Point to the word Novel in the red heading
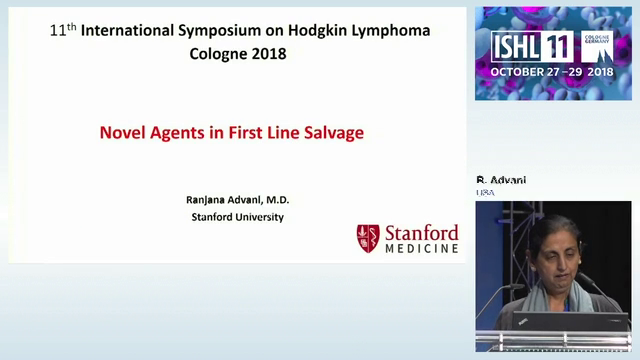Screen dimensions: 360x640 coord(119,132)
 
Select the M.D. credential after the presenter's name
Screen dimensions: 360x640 coord(272,199)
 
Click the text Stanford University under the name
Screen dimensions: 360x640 coord(237,216)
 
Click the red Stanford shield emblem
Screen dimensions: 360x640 coord(368,238)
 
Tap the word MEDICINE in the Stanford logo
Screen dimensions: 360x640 coord(422,248)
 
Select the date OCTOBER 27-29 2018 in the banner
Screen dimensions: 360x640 coord(551,73)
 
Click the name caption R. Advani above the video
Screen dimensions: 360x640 coord(501,180)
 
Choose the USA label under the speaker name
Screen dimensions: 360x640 coord(486,192)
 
